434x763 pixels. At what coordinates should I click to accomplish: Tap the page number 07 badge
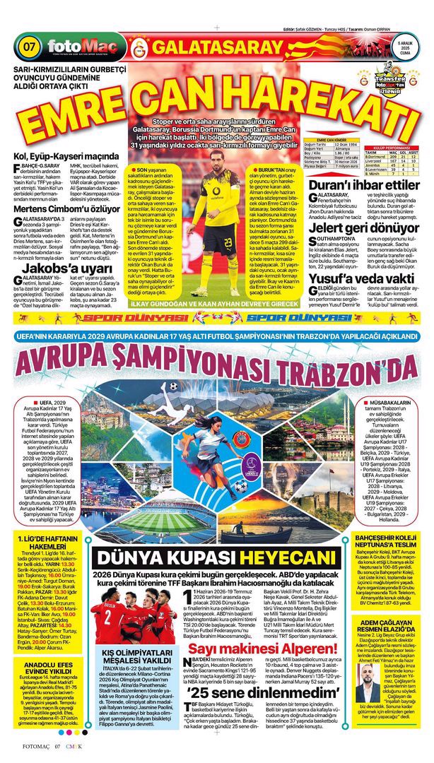pyautogui.click(x=30, y=48)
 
